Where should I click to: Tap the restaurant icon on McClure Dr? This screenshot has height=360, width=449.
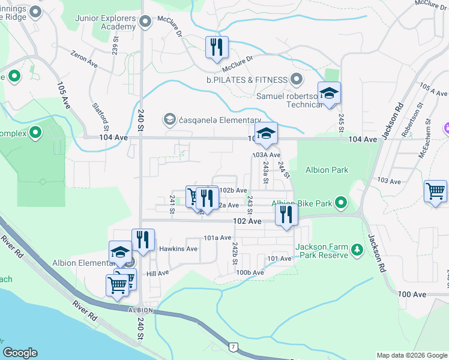point(216,47)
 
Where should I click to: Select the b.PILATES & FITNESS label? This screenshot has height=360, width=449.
point(249,79)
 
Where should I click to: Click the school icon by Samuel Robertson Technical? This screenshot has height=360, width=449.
point(328,94)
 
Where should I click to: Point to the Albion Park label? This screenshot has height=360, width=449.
point(327,170)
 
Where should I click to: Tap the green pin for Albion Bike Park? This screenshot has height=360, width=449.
point(341,203)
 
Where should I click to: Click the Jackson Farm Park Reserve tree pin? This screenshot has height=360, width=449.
point(357,248)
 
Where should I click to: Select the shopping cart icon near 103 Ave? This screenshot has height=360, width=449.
point(435,191)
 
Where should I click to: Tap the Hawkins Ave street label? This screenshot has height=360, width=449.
point(178,248)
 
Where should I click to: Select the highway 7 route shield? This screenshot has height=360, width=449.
point(232,347)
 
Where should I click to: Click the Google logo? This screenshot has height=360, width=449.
point(20,353)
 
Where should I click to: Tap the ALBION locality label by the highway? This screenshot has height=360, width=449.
point(142,310)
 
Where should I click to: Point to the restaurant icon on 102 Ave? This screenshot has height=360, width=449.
point(286,214)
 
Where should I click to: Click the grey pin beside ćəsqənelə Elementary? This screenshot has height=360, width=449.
point(170,119)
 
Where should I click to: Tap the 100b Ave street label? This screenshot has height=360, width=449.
point(250,272)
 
